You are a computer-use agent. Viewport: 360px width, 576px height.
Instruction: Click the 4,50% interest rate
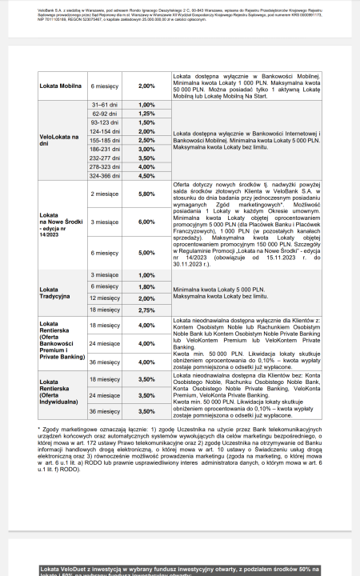click(x=147, y=175)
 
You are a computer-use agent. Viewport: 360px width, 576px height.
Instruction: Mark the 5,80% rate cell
click(x=147, y=194)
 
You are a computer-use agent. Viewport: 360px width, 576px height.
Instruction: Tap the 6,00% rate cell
click(x=147, y=222)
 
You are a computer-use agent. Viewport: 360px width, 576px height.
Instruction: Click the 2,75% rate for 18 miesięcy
click(x=147, y=309)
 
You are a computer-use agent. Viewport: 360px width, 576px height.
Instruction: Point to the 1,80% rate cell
click(x=147, y=286)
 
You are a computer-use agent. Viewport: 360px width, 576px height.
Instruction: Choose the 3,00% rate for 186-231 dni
click(x=147, y=149)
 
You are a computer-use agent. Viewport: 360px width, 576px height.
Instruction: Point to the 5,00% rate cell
click(x=147, y=253)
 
